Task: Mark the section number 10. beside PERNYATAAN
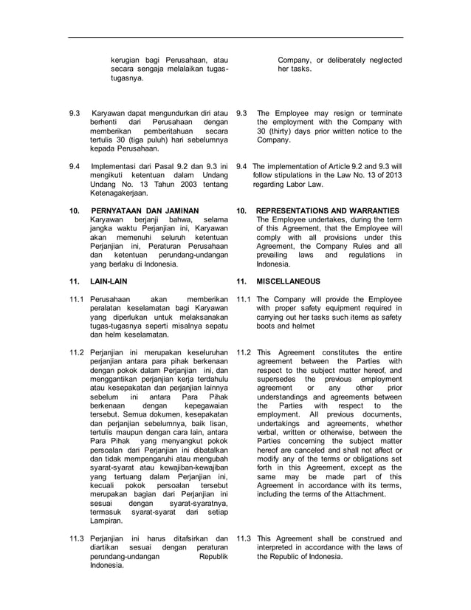click(x=73, y=210)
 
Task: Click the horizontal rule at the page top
click(x=236, y=37)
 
